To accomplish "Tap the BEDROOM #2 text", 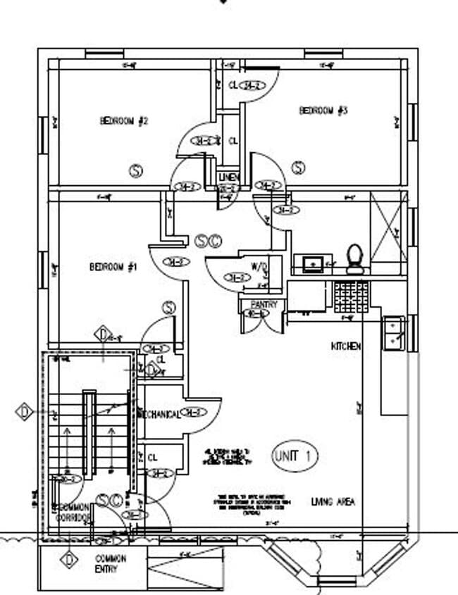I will point(124,121).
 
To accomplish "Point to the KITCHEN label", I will point(346,346).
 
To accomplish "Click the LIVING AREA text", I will point(333,502).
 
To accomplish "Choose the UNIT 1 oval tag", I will point(295,456).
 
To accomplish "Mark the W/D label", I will point(259,266).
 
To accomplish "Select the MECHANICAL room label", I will point(160,414).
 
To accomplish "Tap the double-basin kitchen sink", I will point(393,333).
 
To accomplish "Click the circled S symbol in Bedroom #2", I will point(136,170).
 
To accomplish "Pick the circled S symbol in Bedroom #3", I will point(299,168).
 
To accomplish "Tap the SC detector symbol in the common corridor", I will point(109,500).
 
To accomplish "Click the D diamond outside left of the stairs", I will point(25,411).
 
